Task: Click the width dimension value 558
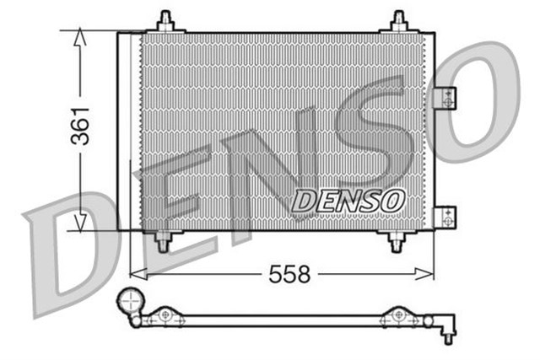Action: pos(289,274)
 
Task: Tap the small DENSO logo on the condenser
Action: pos(348,201)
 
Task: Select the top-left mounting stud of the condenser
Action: pos(165,22)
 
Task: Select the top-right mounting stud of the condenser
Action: pos(398,22)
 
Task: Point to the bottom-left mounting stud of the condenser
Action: pos(163,239)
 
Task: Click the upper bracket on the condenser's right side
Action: pos(445,99)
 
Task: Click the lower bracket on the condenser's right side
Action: pos(445,217)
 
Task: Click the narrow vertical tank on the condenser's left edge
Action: pos(129,131)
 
